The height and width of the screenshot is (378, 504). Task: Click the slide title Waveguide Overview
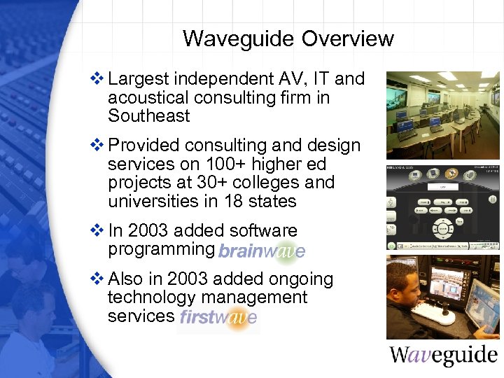click(288, 38)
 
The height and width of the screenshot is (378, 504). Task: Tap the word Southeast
click(148, 116)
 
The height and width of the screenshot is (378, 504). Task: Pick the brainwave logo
click(261, 251)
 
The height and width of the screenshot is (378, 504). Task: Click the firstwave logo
click(218, 317)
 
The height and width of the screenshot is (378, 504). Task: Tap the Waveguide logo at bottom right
click(443, 354)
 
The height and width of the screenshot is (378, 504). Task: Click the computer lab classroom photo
click(443, 115)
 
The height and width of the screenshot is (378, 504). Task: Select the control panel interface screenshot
click(443, 207)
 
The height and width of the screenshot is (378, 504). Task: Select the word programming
click(160, 249)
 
